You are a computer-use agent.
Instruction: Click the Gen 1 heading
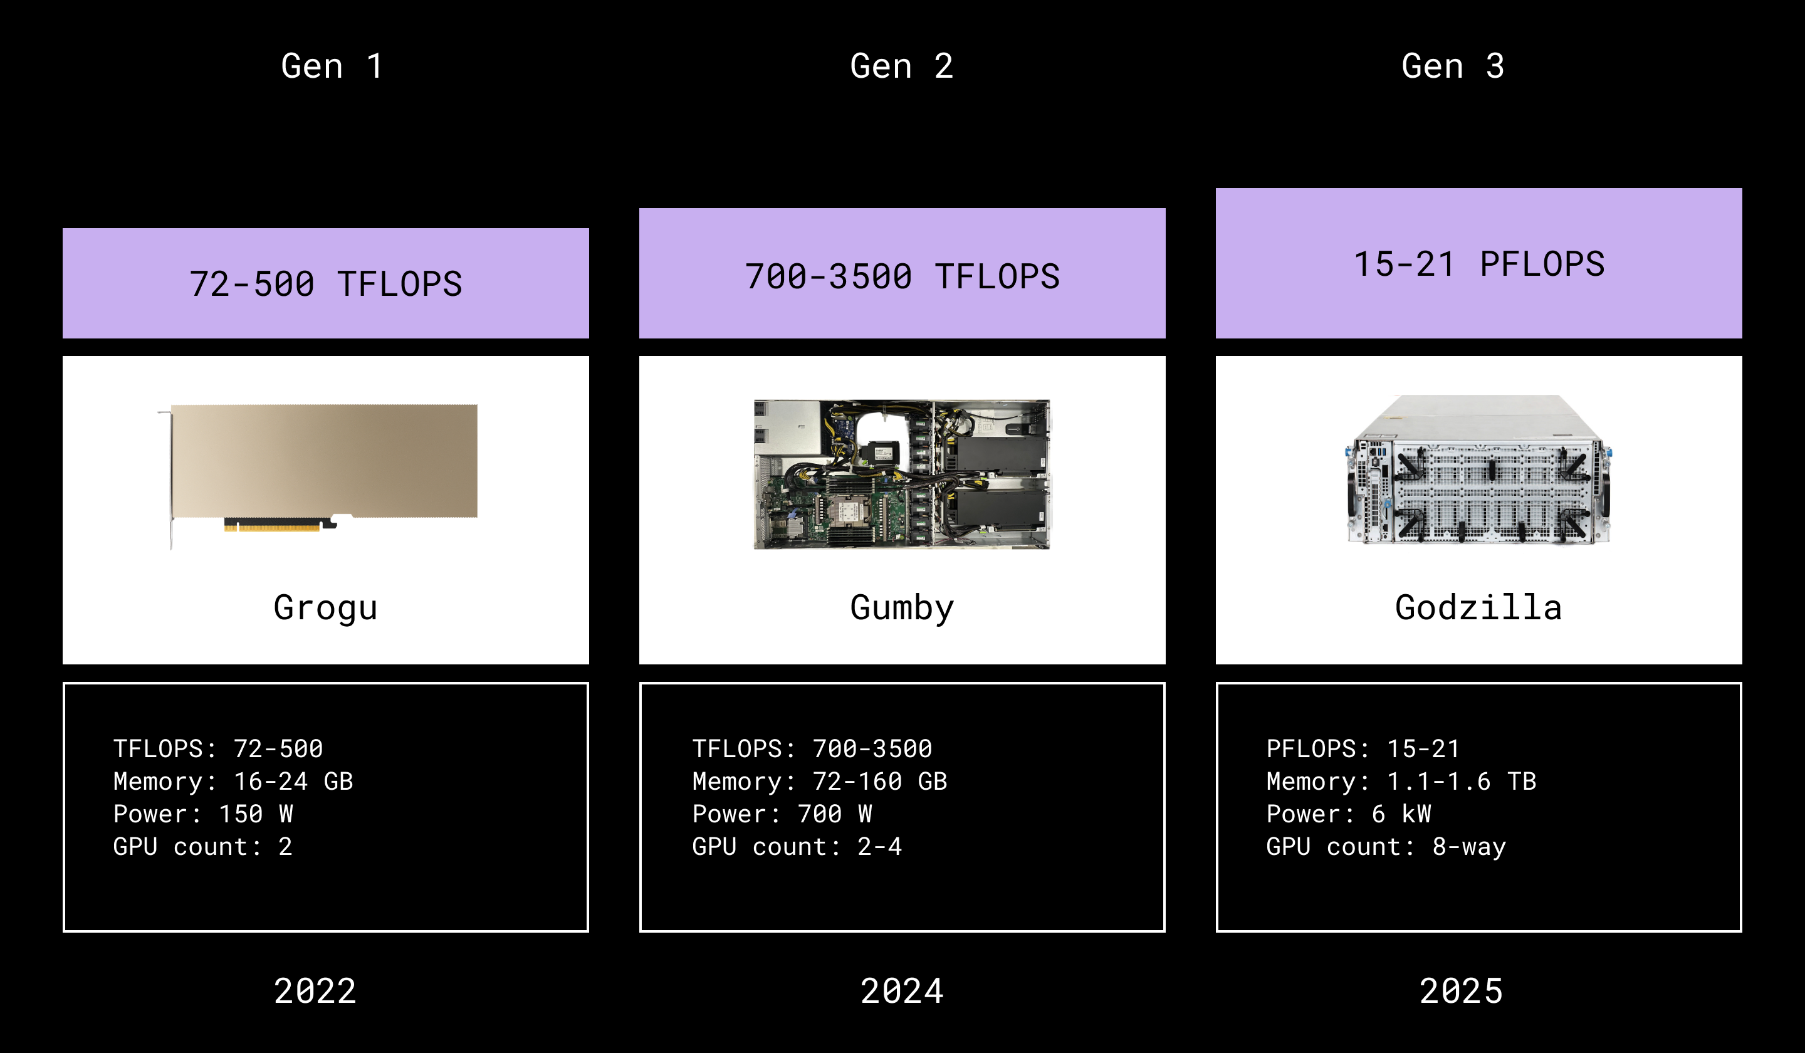point(332,66)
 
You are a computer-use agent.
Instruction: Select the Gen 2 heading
point(902,66)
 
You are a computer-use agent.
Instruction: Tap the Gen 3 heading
point(1453,66)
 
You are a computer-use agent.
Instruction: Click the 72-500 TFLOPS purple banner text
point(326,284)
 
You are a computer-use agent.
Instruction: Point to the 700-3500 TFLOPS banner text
point(903,276)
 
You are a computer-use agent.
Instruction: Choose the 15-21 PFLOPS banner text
point(1479,264)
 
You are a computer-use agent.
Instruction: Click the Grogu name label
point(326,608)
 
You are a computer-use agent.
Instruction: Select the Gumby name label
point(903,608)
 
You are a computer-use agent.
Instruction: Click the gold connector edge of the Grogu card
point(272,528)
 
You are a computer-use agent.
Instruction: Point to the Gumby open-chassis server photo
point(902,474)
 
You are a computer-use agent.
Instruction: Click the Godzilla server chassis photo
point(1479,469)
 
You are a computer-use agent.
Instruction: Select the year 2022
point(315,992)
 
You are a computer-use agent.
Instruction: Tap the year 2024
point(903,992)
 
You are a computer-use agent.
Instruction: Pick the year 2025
point(1461,992)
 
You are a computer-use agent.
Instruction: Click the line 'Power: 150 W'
point(204,814)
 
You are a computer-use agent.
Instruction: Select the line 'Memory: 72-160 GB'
point(820,781)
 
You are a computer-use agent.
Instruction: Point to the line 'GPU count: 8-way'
point(1386,847)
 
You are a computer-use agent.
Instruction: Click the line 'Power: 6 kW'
point(1349,814)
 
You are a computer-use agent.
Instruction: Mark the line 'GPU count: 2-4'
point(797,847)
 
